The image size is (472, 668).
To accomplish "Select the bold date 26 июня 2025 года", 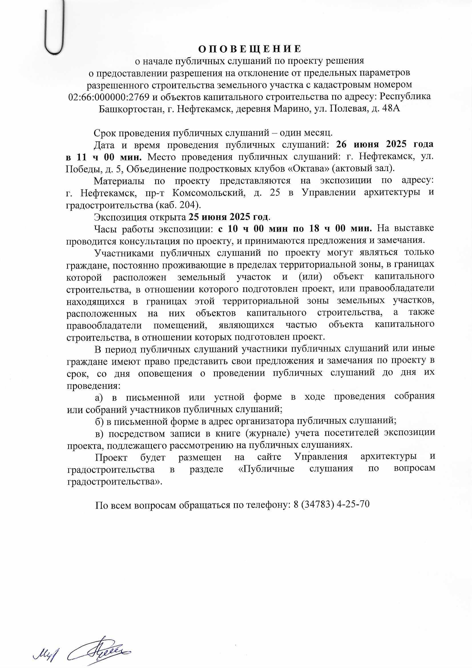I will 384,144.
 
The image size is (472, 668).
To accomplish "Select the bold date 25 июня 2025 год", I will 229,217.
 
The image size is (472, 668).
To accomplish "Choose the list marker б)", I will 100,421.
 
